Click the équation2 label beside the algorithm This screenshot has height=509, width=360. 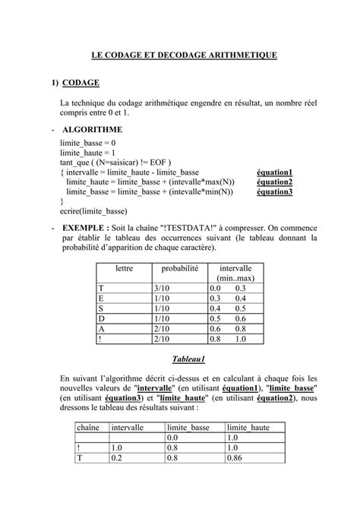[274, 182]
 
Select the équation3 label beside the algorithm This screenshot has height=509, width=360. [274, 192]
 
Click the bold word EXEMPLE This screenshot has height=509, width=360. [84, 227]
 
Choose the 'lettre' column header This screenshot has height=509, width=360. [124, 269]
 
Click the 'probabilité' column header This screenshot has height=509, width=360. [179, 269]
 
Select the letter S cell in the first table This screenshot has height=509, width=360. [101, 308]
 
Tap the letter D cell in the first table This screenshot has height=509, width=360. [101, 318]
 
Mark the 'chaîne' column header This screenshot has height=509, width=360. [88, 428]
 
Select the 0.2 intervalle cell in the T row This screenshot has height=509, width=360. [117, 458]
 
